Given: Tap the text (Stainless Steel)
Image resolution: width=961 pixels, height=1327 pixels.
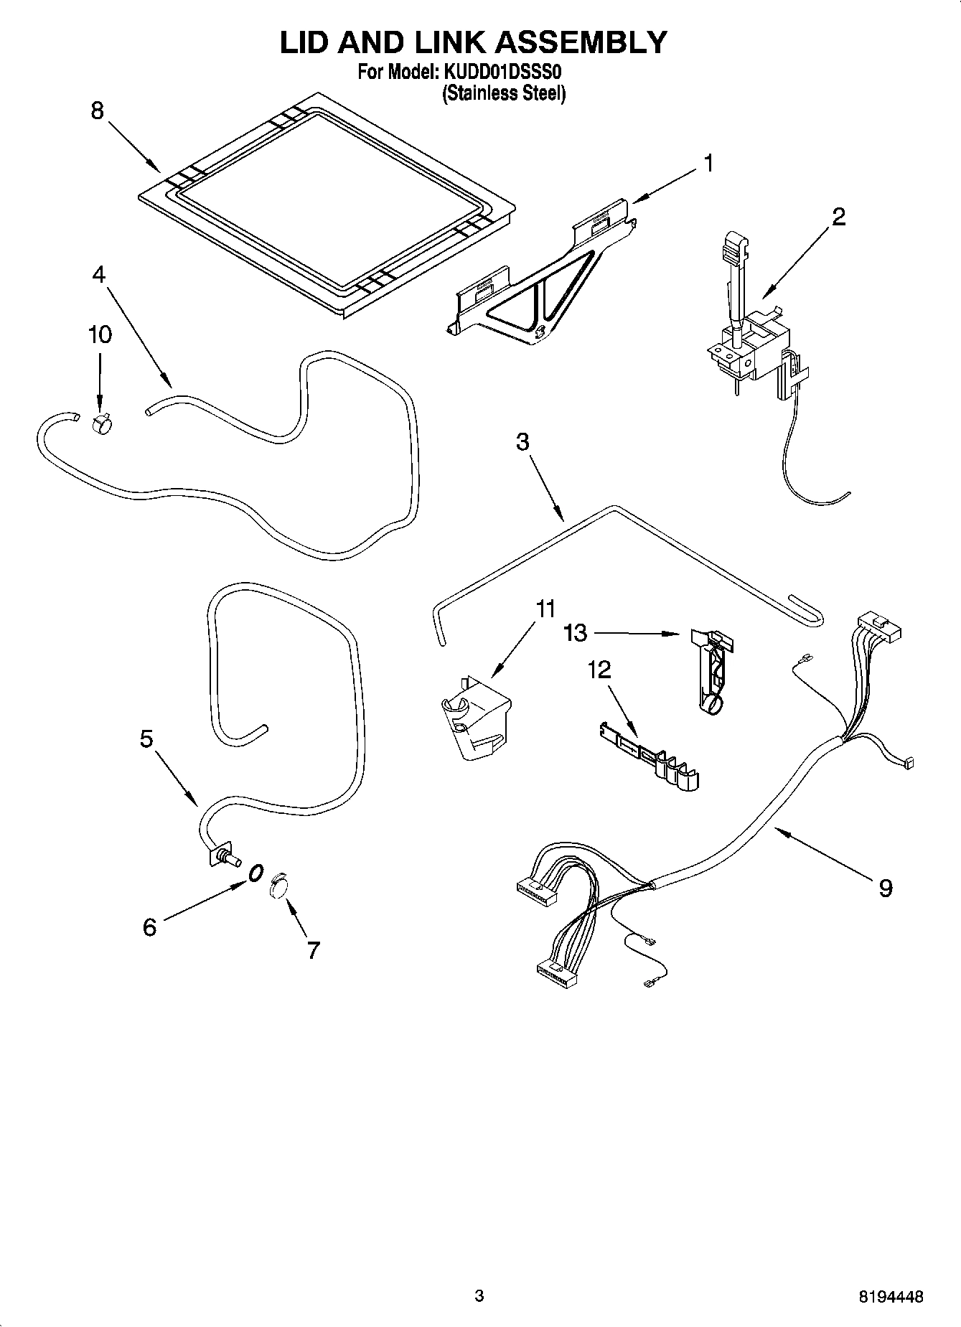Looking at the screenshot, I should tap(503, 93).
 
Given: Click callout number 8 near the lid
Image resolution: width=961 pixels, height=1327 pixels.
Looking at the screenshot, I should tap(98, 111).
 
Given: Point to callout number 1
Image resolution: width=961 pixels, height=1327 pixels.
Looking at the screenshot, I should tap(708, 164).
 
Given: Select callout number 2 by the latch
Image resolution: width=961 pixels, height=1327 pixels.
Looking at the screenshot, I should tap(838, 217).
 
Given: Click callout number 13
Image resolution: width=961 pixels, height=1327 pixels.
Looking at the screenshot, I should tap(576, 632).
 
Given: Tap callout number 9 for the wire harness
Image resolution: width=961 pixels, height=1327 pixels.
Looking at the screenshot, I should tap(886, 888).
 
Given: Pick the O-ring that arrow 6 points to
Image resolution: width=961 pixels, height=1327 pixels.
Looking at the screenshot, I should tap(255, 873).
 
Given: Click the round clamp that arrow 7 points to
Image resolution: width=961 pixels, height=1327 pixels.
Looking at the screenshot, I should tap(278, 888).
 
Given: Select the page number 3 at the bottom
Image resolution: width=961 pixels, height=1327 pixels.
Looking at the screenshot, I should tap(479, 1295).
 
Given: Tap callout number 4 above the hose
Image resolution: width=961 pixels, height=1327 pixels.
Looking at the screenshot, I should tap(99, 274).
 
